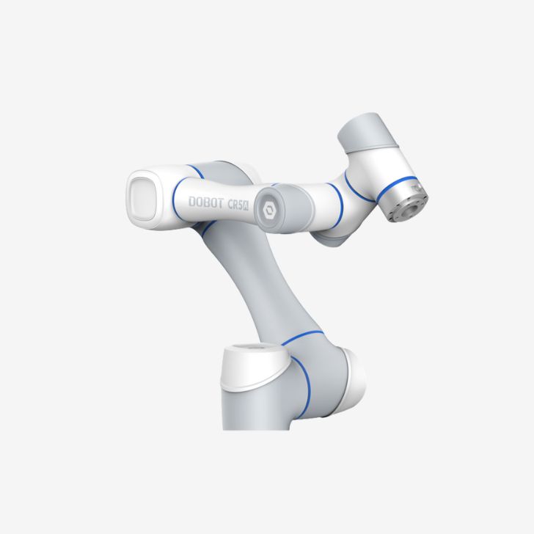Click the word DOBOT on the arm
click(206, 202)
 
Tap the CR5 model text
click(235, 205)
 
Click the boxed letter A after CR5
click(248, 206)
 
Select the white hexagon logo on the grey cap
click(269, 211)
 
